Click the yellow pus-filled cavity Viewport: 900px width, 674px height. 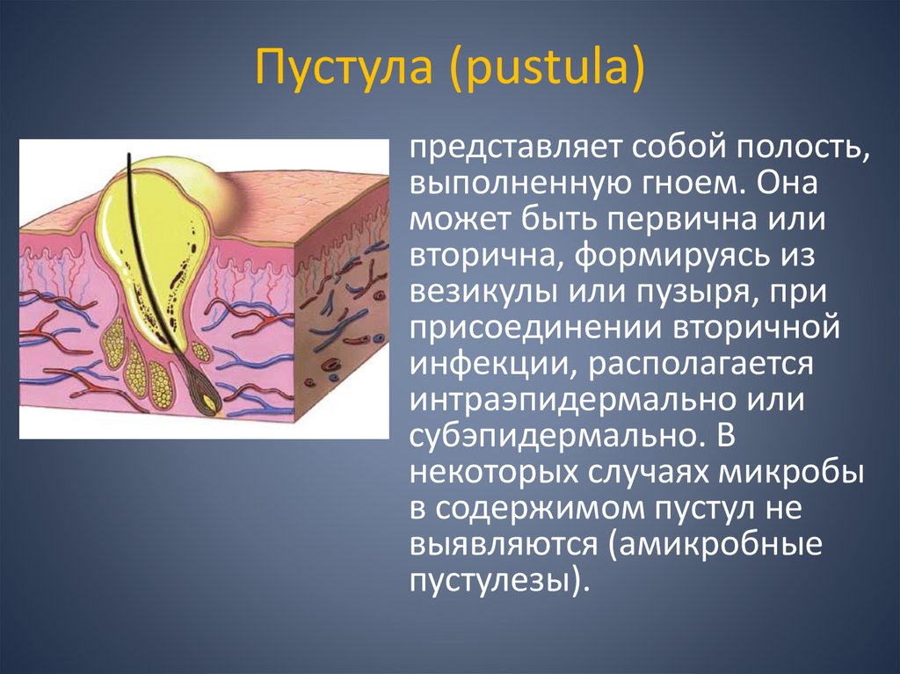(158, 220)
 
